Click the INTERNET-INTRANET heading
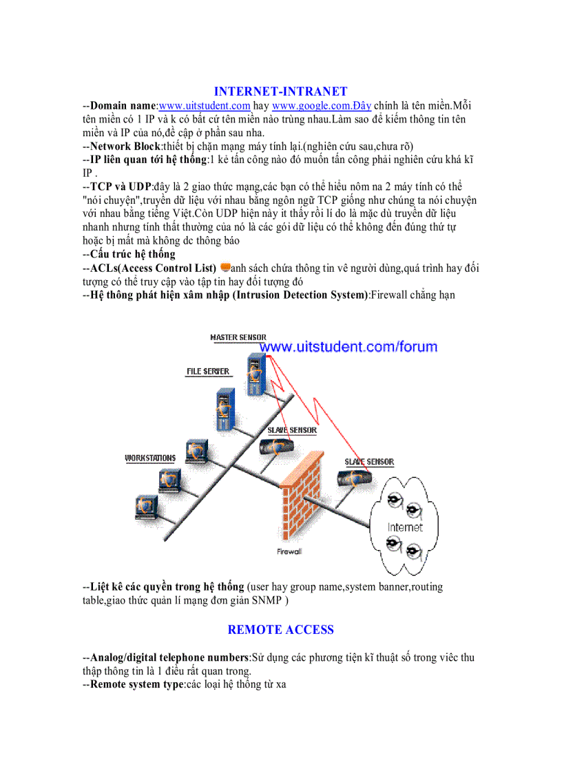tap(280, 92)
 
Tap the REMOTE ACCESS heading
tap(280, 630)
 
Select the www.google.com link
tap(322, 106)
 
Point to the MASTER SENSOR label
tap(238, 337)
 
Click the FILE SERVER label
tap(208, 372)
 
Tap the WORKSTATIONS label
tap(150, 458)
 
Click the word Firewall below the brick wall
tap(289, 551)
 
